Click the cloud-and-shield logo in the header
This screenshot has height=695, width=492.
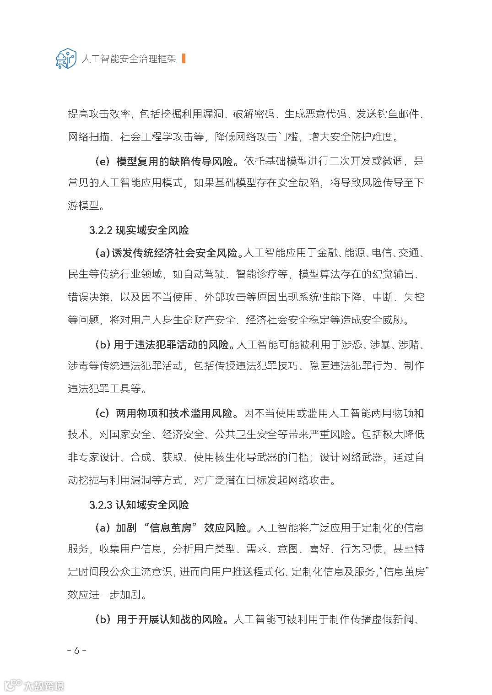click(x=65, y=59)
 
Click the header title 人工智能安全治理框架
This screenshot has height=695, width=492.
click(x=129, y=59)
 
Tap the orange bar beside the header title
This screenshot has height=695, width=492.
click(x=184, y=59)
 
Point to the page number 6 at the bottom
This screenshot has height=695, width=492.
click(x=76, y=651)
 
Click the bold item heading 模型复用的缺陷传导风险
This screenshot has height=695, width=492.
click(x=174, y=161)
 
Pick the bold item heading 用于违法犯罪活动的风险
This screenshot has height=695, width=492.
click(x=174, y=344)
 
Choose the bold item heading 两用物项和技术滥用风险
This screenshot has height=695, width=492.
click(x=174, y=413)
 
